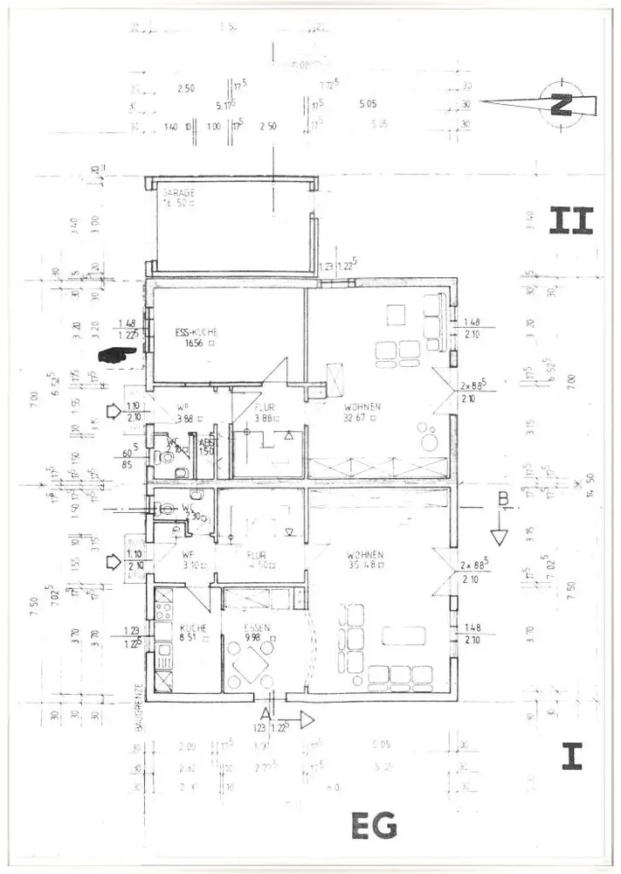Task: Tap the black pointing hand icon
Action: (119, 355)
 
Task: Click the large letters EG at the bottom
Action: (373, 825)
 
